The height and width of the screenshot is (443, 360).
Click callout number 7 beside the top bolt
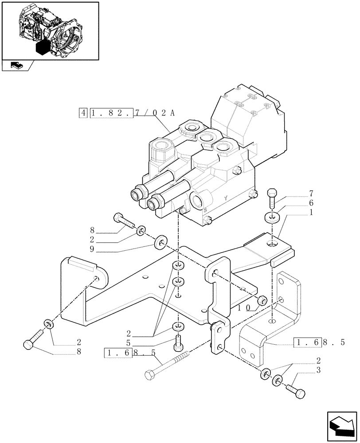(311, 193)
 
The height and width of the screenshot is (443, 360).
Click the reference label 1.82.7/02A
(133, 112)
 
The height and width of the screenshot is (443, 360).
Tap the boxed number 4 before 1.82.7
(83, 113)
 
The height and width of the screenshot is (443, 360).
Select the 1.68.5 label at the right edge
(319, 342)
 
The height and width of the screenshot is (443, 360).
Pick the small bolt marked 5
(178, 342)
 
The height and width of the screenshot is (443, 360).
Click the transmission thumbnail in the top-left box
(50, 30)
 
